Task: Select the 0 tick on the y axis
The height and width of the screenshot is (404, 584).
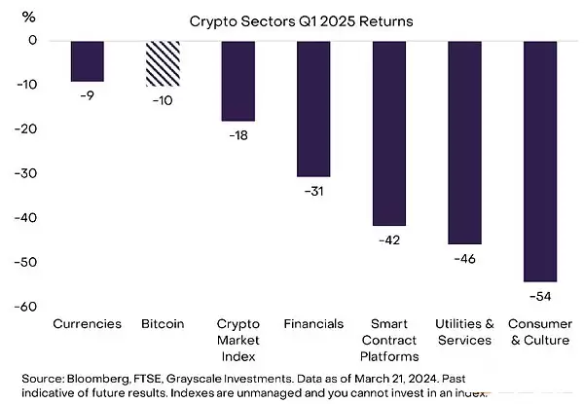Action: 31,40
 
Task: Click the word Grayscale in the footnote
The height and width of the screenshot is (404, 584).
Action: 222,376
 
